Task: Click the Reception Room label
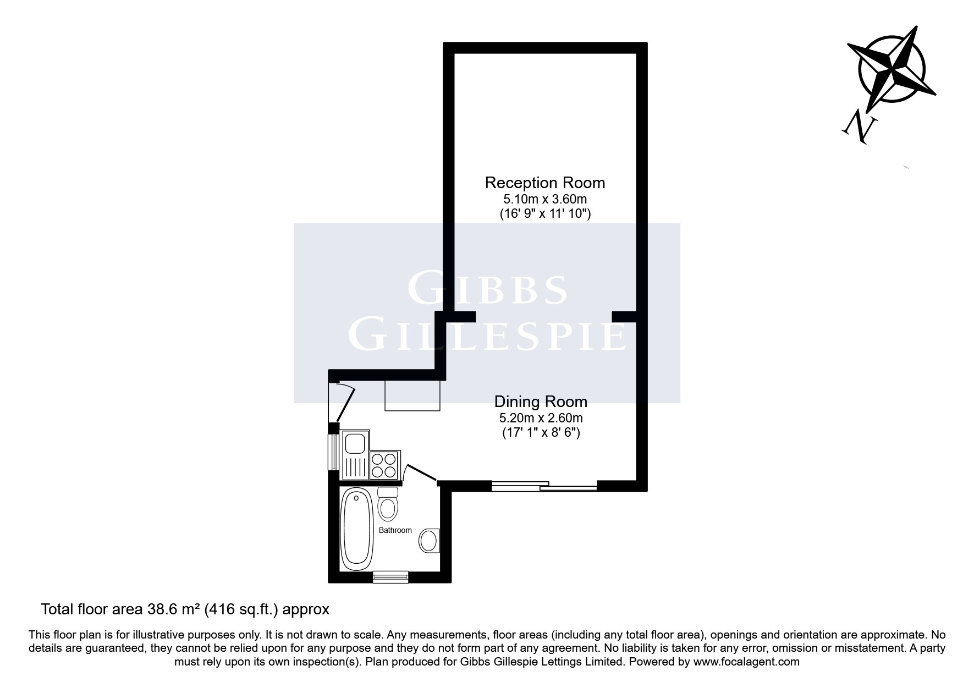coord(544,183)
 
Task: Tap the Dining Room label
coord(541,401)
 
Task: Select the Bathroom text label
coord(395,530)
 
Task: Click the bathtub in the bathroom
coord(357,530)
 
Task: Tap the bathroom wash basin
coord(429,541)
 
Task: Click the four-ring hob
coord(384,465)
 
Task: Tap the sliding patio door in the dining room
coord(543,486)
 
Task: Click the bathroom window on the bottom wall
coord(390,576)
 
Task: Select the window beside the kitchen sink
coord(332,452)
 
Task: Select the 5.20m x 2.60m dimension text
coord(541,418)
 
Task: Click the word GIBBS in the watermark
coord(487,290)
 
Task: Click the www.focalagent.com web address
coord(746,662)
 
